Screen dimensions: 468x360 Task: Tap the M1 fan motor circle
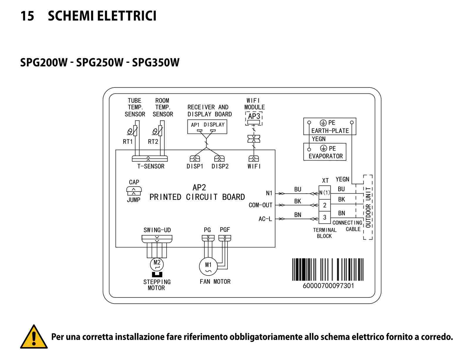click(x=208, y=266)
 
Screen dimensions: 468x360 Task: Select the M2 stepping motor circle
click(x=157, y=264)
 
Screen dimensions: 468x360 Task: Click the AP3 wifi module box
click(x=254, y=118)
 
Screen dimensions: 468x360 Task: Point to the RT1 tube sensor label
click(x=128, y=142)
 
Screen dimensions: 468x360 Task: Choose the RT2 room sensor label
click(x=153, y=142)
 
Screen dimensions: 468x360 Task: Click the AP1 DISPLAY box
click(x=207, y=127)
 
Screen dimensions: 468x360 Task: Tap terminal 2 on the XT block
click(x=324, y=205)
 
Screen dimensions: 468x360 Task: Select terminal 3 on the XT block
click(x=324, y=217)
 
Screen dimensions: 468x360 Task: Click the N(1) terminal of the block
click(x=324, y=192)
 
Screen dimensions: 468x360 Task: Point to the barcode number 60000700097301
click(x=328, y=286)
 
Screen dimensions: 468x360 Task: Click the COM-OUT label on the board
click(x=260, y=205)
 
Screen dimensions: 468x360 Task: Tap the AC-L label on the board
click(x=265, y=219)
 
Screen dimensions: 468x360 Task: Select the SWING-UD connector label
click(x=157, y=230)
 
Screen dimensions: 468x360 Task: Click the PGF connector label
click(x=225, y=230)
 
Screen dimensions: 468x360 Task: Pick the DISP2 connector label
click(x=220, y=166)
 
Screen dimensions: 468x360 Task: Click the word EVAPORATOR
click(x=325, y=156)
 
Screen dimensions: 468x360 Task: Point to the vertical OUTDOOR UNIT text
click(x=368, y=207)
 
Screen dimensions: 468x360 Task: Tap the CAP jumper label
click(x=134, y=182)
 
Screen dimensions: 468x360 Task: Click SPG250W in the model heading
click(x=100, y=62)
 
